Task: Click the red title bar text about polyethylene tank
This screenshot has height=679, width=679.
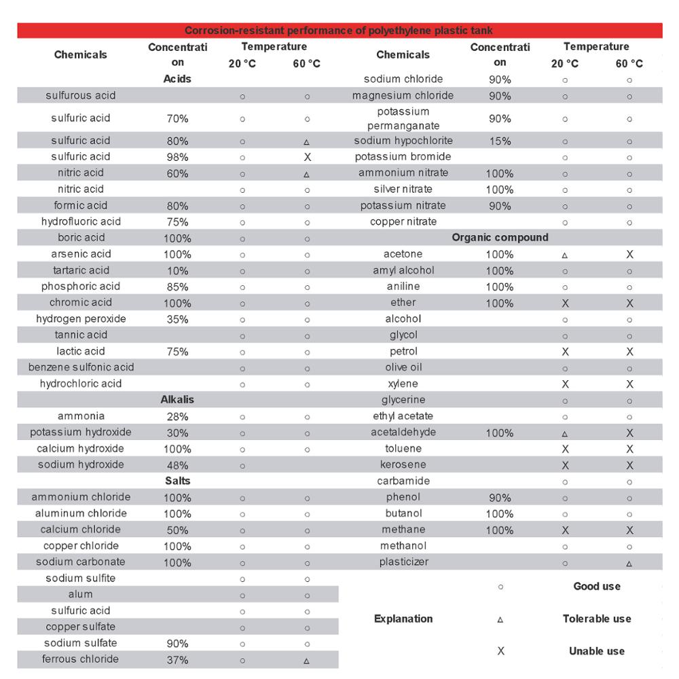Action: pos(339,31)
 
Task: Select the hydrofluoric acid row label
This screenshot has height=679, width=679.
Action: pos(81,221)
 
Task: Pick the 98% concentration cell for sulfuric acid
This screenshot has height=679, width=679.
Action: pos(177,157)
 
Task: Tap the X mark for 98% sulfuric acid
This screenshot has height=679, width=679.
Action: pos(307,157)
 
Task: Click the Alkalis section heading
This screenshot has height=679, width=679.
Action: pos(177,400)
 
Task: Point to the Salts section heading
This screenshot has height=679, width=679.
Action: pos(177,481)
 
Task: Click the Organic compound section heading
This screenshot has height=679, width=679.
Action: pos(500,238)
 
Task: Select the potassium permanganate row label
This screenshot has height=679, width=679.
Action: pos(403,118)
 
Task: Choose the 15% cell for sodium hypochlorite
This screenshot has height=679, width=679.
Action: pos(500,141)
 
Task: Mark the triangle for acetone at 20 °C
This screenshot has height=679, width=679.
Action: pos(565,255)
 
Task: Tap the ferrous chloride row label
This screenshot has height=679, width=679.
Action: pos(80,659)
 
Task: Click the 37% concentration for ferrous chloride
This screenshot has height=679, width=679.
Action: pos(177,659)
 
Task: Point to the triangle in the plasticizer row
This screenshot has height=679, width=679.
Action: pos(629,563)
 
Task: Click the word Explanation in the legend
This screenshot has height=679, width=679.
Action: pos(403,619)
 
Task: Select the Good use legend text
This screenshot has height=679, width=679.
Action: pos(597,586)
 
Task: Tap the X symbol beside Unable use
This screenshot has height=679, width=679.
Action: pos(500,651)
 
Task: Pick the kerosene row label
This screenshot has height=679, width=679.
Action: pos(403,464)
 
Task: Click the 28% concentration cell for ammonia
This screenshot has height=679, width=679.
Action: pos(177,416)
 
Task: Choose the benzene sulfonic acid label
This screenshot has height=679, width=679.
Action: pos(81,367)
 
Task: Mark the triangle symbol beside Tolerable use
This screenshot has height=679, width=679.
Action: pos(500,619)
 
